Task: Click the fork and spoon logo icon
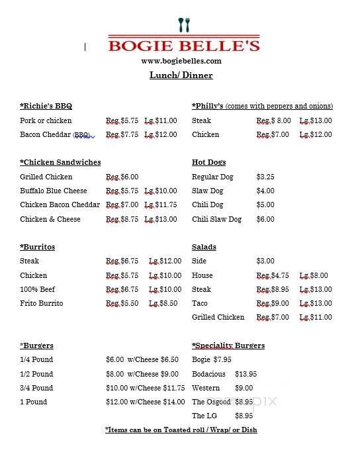click(x=184, y=25)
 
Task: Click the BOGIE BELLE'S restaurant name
click(x=184, y=46)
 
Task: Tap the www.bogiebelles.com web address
click(x=181, y=61)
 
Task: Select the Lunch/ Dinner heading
click(x=181, y=75)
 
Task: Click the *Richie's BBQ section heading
click(x=46, y=106)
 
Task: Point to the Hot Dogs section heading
click(x=208, y=162)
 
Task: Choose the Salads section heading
click(x=204, y=247)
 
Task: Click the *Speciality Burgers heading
click(x=228, y=345)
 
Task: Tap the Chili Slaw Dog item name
click(x=216, y=219)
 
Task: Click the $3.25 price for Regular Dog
click(x=265, y=177)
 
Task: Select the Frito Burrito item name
click(x=41, y=303)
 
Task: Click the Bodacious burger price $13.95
click(x=246, y=374)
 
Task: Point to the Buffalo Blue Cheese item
click(x=54, y=191)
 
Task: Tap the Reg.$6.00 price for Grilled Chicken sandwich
click(x=122, y=177)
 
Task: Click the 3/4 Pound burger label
click(x=36, y=388)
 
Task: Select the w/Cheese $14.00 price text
click(x=157, y=402)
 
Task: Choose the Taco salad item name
click(x=200, y=303)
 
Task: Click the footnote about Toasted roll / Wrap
click(x=181, y=430)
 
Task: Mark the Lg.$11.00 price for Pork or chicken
click(x=160, y=120)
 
